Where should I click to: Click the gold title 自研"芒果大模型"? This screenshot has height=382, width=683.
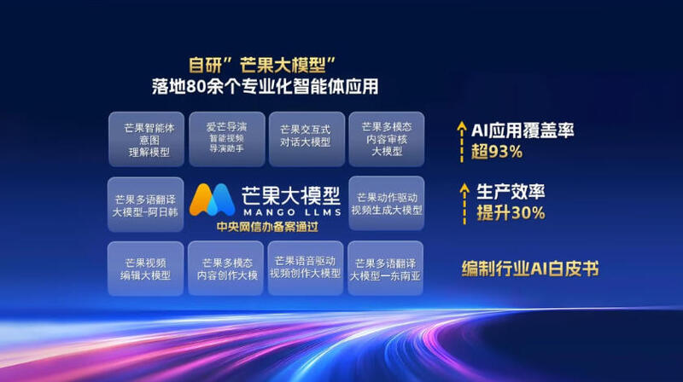(262, 66)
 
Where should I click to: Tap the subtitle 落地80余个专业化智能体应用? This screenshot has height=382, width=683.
(265, 87)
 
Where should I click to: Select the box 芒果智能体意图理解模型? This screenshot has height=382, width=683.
(146, 139)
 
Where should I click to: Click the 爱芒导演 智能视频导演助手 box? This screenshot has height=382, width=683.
(227, 139)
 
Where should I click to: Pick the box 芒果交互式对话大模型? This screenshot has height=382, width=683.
(306, 139)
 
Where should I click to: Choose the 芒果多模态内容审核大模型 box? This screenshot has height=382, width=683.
(387, 139)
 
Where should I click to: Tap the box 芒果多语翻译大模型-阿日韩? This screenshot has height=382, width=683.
(145, 205)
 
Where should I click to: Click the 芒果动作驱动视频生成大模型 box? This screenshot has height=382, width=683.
(387, 204)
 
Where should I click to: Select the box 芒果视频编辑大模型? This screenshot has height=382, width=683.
(145, 269)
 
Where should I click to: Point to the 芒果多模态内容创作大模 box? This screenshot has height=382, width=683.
(225, 269)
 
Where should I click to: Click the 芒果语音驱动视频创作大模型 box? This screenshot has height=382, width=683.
(306, 268)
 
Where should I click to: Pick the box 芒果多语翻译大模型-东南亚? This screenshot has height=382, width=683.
(386, 269)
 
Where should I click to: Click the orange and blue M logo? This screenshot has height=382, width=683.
(212, 200)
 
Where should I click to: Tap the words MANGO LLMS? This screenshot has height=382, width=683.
(292, 212)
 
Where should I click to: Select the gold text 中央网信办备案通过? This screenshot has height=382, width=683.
(267, 227)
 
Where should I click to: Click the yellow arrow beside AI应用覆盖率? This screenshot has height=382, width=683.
(462, 142)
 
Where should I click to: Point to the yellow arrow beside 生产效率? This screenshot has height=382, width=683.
(464, 204)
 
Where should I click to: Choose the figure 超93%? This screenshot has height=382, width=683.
(497, 152)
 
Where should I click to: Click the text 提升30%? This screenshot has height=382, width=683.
(511, 213)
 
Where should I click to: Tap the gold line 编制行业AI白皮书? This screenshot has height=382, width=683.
(530, 269)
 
